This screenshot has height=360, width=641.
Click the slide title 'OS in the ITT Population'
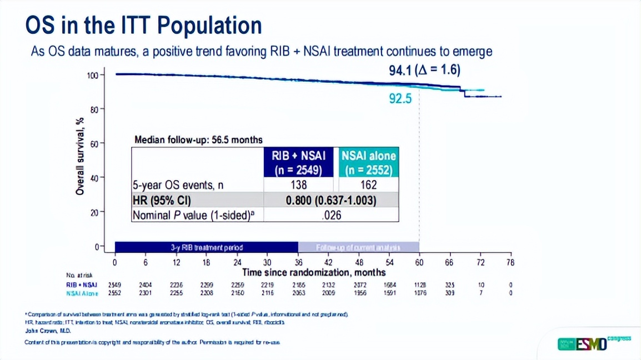144,26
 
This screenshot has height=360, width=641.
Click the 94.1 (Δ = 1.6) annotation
424,70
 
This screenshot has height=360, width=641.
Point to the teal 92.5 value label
400,99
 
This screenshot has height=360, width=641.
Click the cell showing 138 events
298,185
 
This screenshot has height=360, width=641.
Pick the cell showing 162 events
369,185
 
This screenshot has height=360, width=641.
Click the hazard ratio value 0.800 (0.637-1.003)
330,200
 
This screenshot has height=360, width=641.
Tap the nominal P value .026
330,215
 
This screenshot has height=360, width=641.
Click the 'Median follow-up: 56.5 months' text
199,140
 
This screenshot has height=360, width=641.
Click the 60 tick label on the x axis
419,262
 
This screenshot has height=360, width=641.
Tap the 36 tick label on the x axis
298,262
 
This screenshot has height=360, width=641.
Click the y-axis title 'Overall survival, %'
81,156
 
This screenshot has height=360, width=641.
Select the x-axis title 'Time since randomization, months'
314,273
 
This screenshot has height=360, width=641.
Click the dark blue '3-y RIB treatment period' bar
207,247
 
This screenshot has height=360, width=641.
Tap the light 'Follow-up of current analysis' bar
358,247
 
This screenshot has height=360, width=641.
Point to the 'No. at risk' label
79,274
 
